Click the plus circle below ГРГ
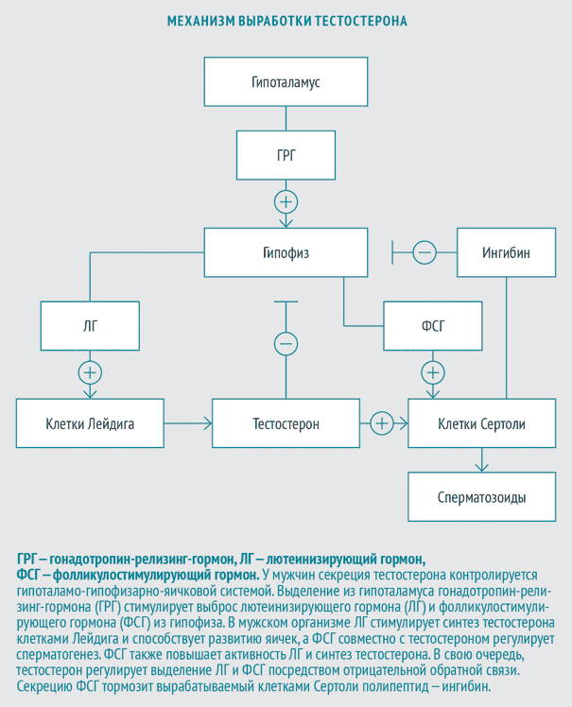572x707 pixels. click(x=286, y=190)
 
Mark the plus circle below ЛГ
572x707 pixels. click(x=90, y=361)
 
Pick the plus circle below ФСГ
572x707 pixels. click(x=433, y=361)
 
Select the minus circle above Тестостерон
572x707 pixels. click(x=286, y=333)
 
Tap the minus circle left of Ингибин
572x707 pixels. click(x=425, y=241)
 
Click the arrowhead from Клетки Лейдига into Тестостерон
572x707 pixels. click(x=208, y=423)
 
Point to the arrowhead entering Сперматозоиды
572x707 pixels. click(x=482, y=468)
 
